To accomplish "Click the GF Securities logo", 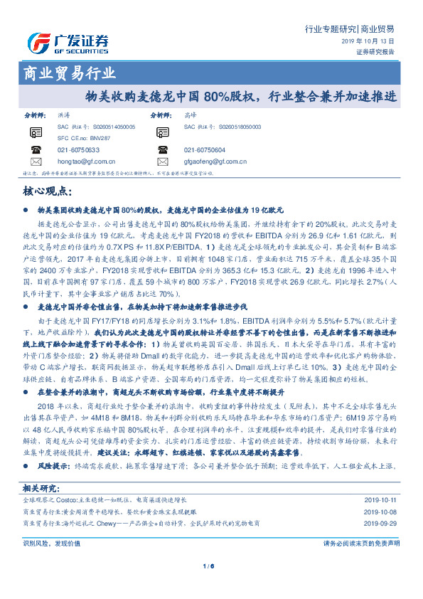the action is [x=68, y=42].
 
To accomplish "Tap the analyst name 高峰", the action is [x=189, y=114].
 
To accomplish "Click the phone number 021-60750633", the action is [x=80, y=150].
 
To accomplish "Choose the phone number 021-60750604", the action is [x=205, y=150].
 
